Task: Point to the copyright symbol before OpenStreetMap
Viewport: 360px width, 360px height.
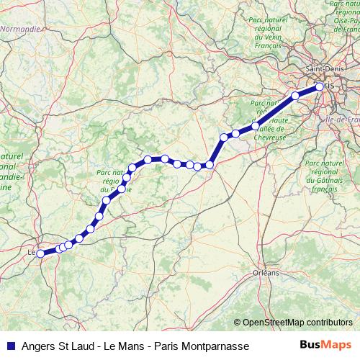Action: [238, 323]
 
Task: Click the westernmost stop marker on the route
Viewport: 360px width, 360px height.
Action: [41, 253]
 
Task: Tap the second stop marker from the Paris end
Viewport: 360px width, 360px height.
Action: [295, 95]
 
